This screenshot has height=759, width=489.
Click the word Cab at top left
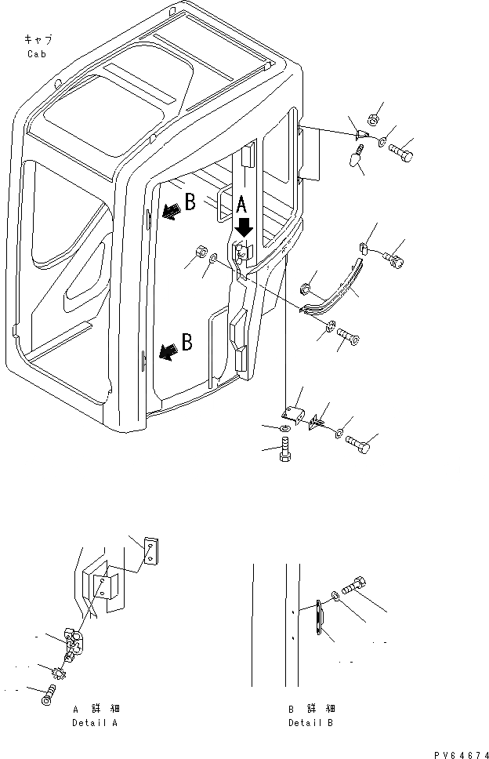coord(36,54)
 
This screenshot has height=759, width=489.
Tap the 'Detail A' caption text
coord(95,722)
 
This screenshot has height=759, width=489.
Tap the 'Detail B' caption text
coord(310,722)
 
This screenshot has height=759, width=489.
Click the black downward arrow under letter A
coord(244,227)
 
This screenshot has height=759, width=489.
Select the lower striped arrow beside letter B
coord(166,353)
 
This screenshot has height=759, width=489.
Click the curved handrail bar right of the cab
coord(333,291)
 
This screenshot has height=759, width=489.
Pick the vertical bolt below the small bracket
coord(285,451)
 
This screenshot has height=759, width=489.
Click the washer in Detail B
coord(335,597)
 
